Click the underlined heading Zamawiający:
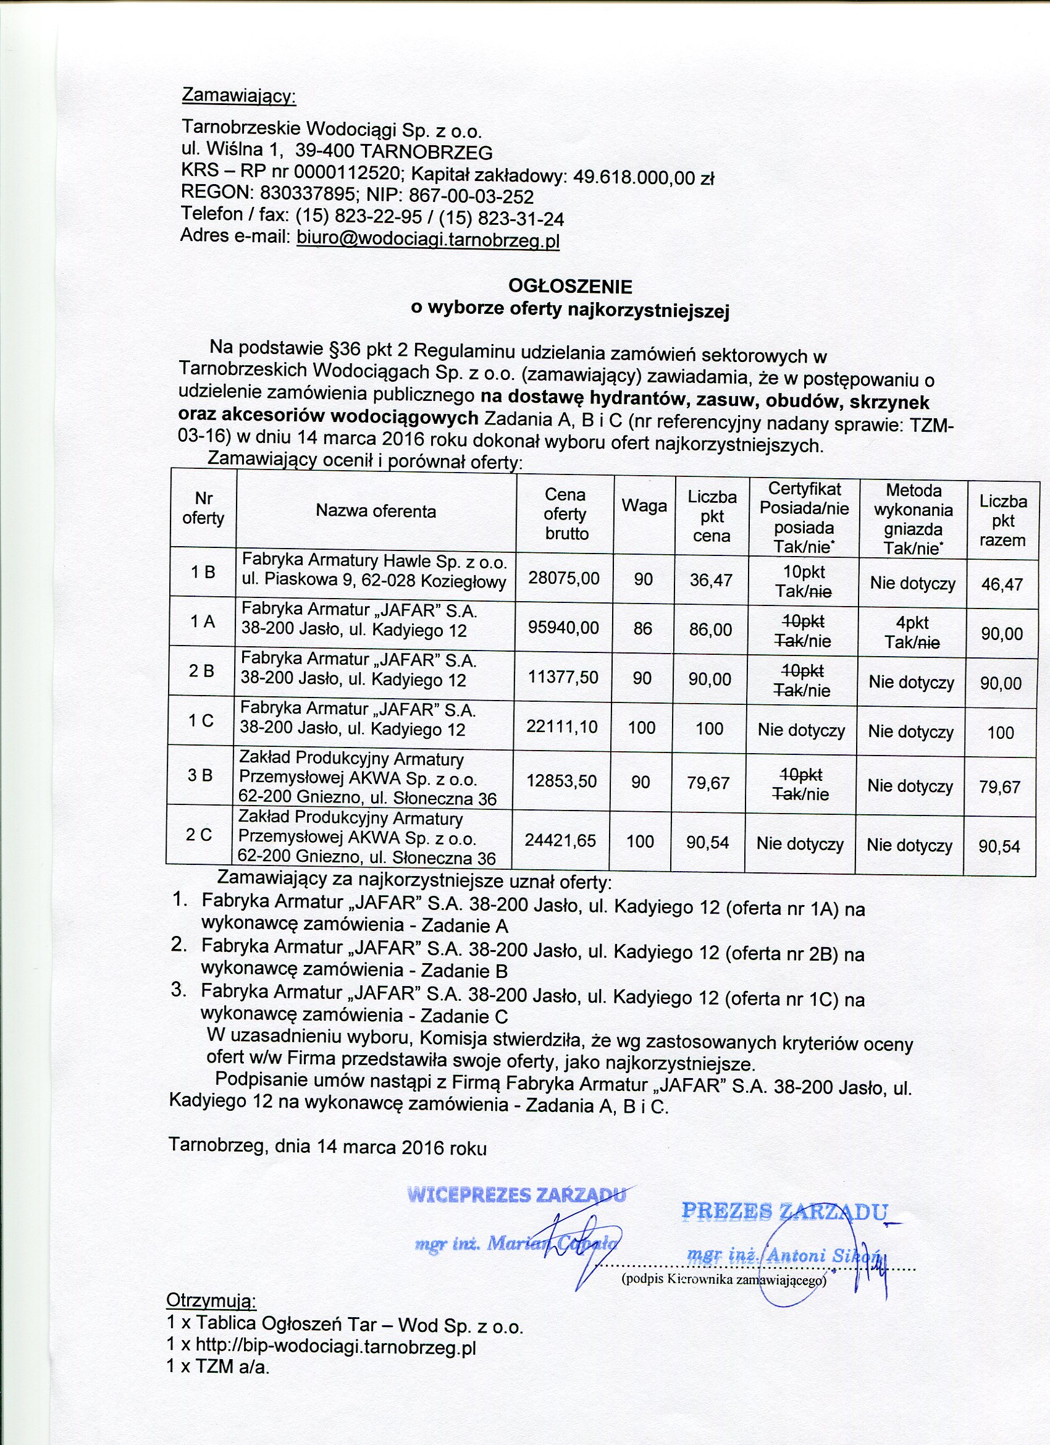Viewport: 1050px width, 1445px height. [239, 96]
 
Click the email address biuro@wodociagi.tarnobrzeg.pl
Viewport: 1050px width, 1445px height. [428, 240]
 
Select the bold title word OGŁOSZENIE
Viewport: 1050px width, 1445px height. [569, 286]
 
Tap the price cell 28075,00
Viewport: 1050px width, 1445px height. [564, 578]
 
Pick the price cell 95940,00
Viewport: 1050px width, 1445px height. [563, 628]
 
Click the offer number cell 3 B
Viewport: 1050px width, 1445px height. [200, 775]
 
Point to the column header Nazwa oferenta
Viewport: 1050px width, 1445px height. [376, 511]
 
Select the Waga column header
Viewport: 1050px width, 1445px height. [644, 507]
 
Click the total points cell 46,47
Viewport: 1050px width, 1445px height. [1002, 584]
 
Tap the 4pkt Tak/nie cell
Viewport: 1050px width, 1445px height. [912, 632]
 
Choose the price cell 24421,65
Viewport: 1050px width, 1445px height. [560, 841]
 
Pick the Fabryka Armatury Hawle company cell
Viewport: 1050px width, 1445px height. [374, 571]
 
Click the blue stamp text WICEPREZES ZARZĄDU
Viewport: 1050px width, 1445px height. [517, 1195]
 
